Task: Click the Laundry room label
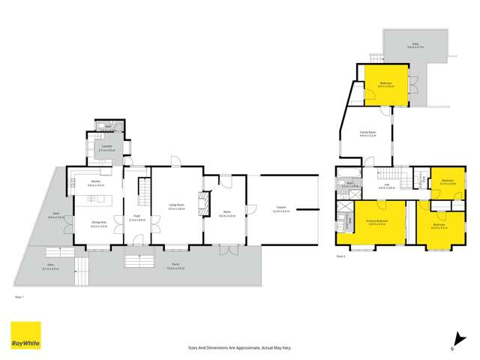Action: [106, 149]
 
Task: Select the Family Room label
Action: [367, 133]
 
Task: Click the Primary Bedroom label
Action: [377, 223]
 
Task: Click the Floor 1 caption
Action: [20, 297]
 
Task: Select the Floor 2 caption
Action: [341, 256]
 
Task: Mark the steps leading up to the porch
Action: [139, 262]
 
